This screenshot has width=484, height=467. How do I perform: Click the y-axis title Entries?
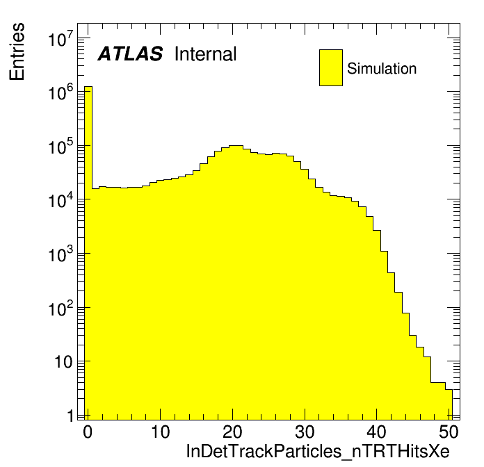pyautogui.click(x=17, y=51)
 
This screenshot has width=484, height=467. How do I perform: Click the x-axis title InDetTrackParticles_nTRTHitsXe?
pyautogui.click(x=323, y=450)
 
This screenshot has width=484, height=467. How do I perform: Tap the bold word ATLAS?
pyautogui.click(x=130, y=54)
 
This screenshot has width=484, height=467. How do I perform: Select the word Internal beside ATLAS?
pyautogui.click(x=205, y=54)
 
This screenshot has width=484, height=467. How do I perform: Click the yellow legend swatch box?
pyautogui.click(x=331, y=67)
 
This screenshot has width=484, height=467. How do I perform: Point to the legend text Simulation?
pyautogui.click(x=382, y=69)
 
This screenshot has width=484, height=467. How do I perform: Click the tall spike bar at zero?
pyautogui.click(x=88, y=250)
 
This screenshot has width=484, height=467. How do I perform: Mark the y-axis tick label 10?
pyautogui.click(x=64, y=362)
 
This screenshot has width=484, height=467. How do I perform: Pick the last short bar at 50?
pyautogui.click(x=449, y=403)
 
